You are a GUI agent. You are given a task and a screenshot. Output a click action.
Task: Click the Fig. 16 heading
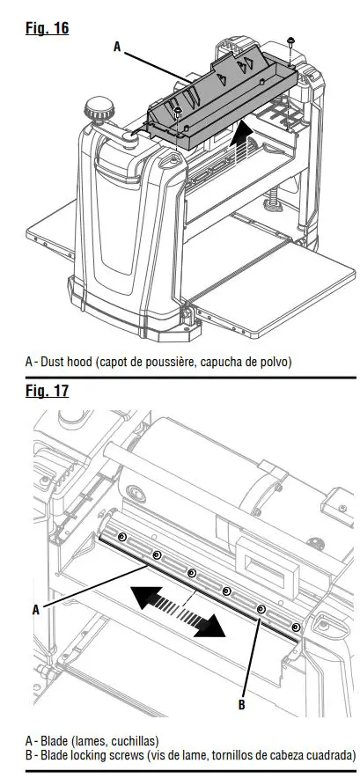[47, 28]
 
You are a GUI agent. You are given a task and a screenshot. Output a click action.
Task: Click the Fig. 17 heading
[47, 390]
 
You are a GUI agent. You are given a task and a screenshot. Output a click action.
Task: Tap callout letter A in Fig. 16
[117, 48]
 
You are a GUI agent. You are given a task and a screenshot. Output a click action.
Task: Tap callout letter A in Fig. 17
[36, 608]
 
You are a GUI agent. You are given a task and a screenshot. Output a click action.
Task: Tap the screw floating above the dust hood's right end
[291, 41]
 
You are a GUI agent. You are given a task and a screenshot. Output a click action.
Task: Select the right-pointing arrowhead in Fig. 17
[210, 628]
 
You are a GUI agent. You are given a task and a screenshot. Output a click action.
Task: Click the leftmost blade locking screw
[122, 536]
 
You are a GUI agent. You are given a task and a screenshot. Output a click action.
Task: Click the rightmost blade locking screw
[295, 627]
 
